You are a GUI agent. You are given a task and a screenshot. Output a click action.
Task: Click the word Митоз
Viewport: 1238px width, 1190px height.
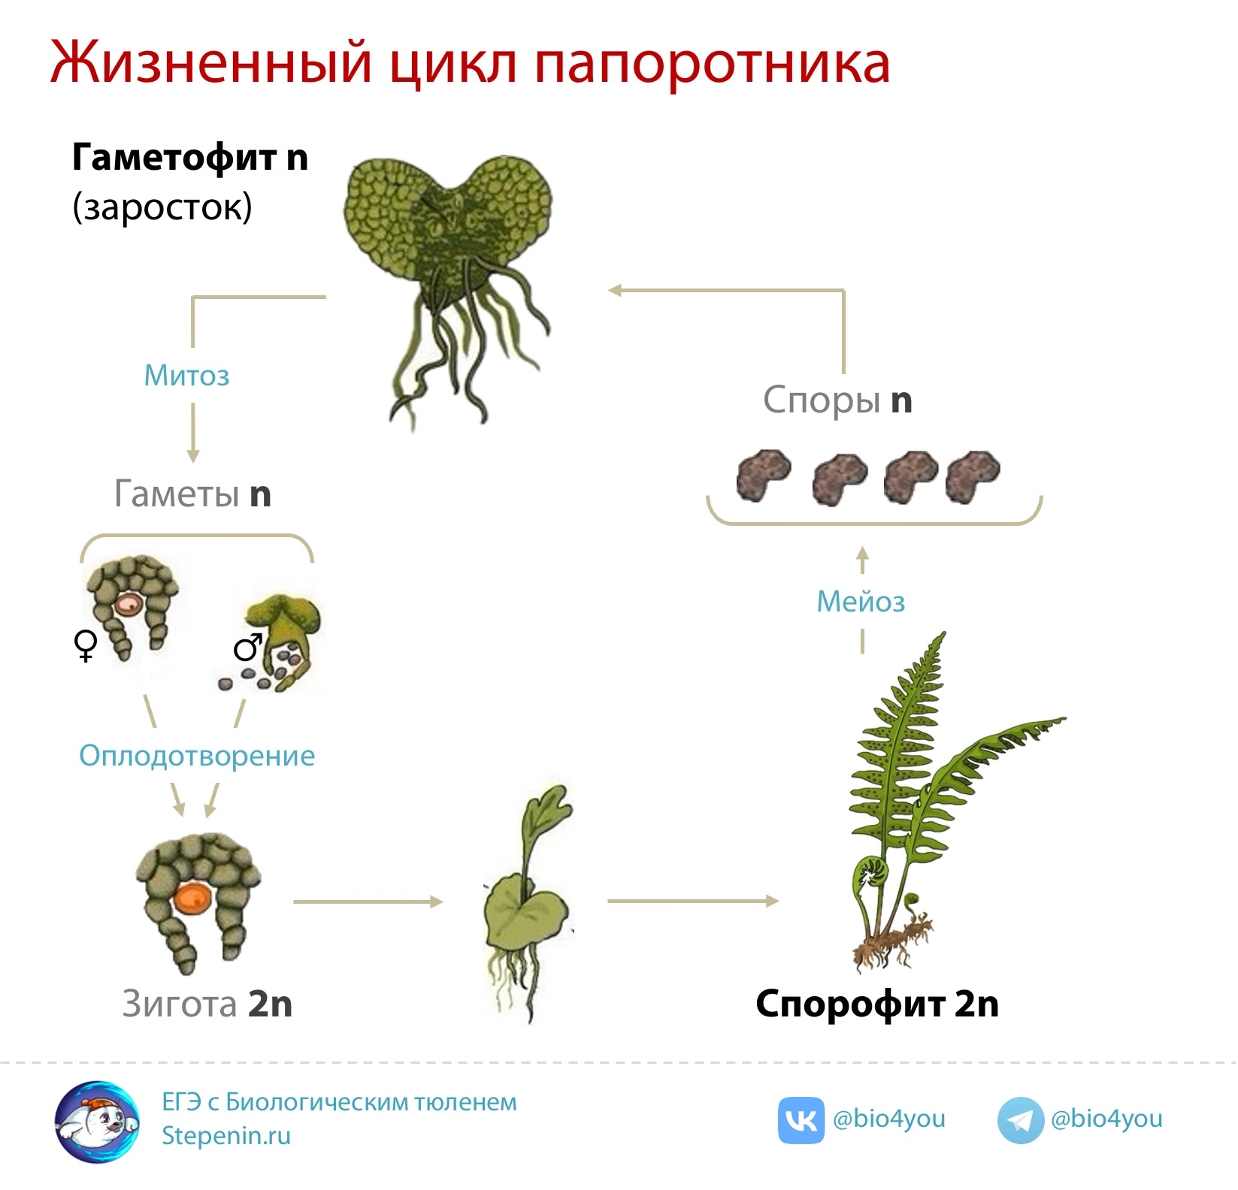tap(186, 375)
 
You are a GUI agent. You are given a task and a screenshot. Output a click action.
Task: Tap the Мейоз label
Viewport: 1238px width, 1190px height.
tap(861, 601)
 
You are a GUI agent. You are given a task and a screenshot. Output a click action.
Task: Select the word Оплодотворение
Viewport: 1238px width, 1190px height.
tap(197, 756)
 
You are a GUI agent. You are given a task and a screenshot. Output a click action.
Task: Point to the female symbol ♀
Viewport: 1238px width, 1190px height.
tap(86, 645)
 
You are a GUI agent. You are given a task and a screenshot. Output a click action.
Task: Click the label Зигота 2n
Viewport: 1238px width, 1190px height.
tap(207, 1004)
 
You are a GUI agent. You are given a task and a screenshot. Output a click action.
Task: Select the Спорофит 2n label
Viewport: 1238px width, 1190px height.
tap(877, 1004)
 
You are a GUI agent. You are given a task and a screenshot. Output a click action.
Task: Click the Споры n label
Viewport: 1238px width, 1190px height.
tap(837, 400)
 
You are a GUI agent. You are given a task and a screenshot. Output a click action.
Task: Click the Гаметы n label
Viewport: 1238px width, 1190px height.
tap(192, 494)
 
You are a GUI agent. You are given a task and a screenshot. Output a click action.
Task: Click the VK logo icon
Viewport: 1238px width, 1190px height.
tap(801, 1120)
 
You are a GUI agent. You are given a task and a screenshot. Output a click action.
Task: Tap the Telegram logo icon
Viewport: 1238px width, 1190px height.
tap(1020, 1120)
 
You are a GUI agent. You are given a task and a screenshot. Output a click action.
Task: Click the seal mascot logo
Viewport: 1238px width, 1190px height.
tap(97, 1121)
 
